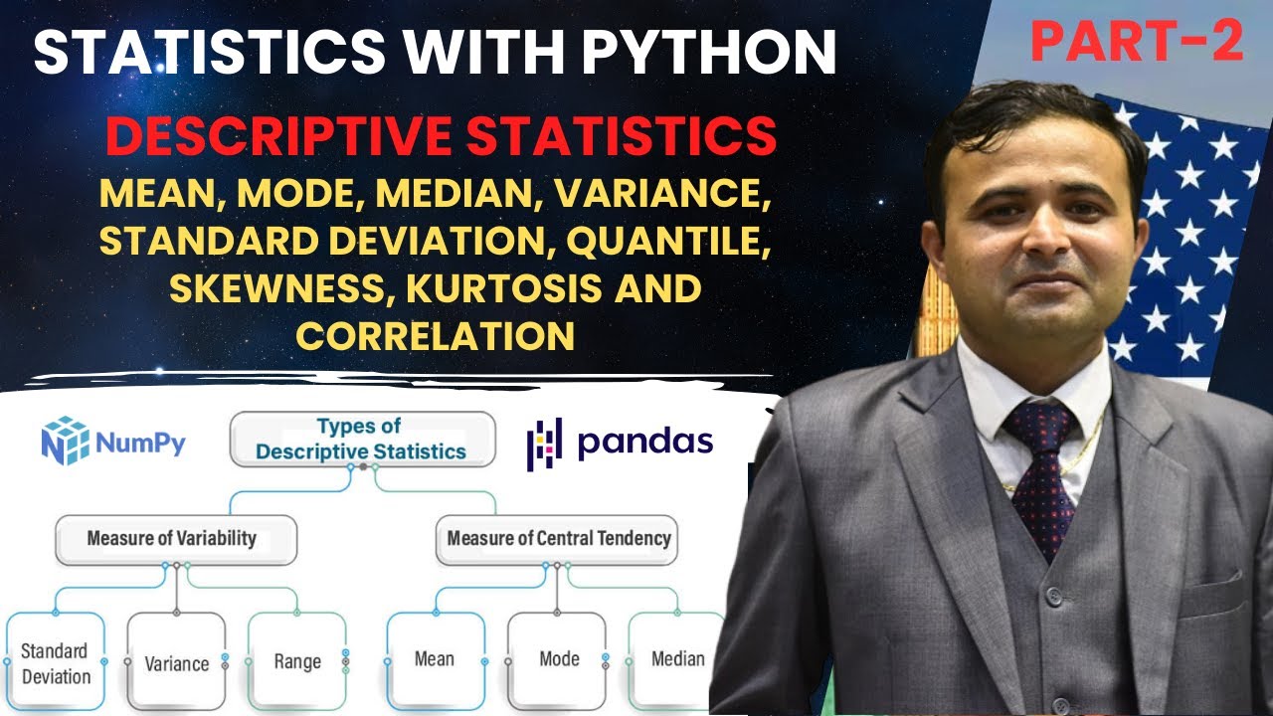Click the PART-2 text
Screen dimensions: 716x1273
coord(1137,42)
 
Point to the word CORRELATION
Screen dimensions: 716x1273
coord(436,336)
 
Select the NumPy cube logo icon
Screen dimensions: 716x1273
coord(65,441)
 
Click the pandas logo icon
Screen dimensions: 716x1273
coord(544,443)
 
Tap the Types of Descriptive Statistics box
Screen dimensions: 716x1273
coord(361,440)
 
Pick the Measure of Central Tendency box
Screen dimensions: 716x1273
coord(558,539)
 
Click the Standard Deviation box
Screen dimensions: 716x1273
coord(56,663)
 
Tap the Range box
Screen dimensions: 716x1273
coord(297,661)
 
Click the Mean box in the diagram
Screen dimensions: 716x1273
coord(435,658)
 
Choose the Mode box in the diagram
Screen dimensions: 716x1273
coord(558,658)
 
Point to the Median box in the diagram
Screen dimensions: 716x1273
coord(677,658)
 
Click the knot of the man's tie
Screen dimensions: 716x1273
coord(1040,423)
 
